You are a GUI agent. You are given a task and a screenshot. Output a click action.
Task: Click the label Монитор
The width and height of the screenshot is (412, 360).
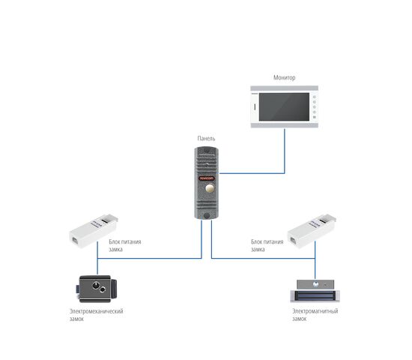click(285, 78)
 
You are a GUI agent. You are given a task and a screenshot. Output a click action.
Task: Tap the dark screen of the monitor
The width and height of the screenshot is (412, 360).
click(284, 106)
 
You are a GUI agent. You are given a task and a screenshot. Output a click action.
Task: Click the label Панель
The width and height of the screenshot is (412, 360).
click(206, 139)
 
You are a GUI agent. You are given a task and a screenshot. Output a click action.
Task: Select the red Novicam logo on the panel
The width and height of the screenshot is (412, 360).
click(206, 178)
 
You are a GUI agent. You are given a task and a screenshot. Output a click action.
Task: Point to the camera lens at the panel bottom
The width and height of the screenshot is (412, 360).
click(207, 216)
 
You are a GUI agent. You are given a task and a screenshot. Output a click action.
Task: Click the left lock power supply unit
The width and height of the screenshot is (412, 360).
click(94, 231)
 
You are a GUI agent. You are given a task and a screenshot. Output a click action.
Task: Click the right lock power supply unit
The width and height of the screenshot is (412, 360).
click(312, 231)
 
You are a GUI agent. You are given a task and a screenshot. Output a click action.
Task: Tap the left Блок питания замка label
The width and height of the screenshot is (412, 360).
click(125, 245)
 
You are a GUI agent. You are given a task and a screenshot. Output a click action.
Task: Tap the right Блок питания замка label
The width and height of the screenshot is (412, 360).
click(267, 245)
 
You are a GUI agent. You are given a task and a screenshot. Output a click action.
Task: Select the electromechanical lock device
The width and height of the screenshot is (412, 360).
click(97, 289)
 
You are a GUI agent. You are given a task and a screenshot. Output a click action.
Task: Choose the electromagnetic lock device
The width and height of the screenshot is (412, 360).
click(315, 291)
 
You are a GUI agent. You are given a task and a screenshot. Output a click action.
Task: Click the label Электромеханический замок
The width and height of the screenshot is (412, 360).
click(96, 315)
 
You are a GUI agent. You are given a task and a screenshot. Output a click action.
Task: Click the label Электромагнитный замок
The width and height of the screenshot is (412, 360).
click(315, 315)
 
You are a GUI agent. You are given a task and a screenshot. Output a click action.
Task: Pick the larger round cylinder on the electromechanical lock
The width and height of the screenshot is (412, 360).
click(96, 285)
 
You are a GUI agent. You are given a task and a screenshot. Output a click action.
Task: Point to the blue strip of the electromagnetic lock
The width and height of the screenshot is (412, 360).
click(315, 296)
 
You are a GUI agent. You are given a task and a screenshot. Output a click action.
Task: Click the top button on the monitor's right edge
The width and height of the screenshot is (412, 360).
click(315, 97)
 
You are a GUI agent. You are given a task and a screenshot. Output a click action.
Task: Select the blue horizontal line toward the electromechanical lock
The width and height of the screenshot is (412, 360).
click(150, 259)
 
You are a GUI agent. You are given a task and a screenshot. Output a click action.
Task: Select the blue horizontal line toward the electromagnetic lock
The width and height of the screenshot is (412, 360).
click(263, 259)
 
